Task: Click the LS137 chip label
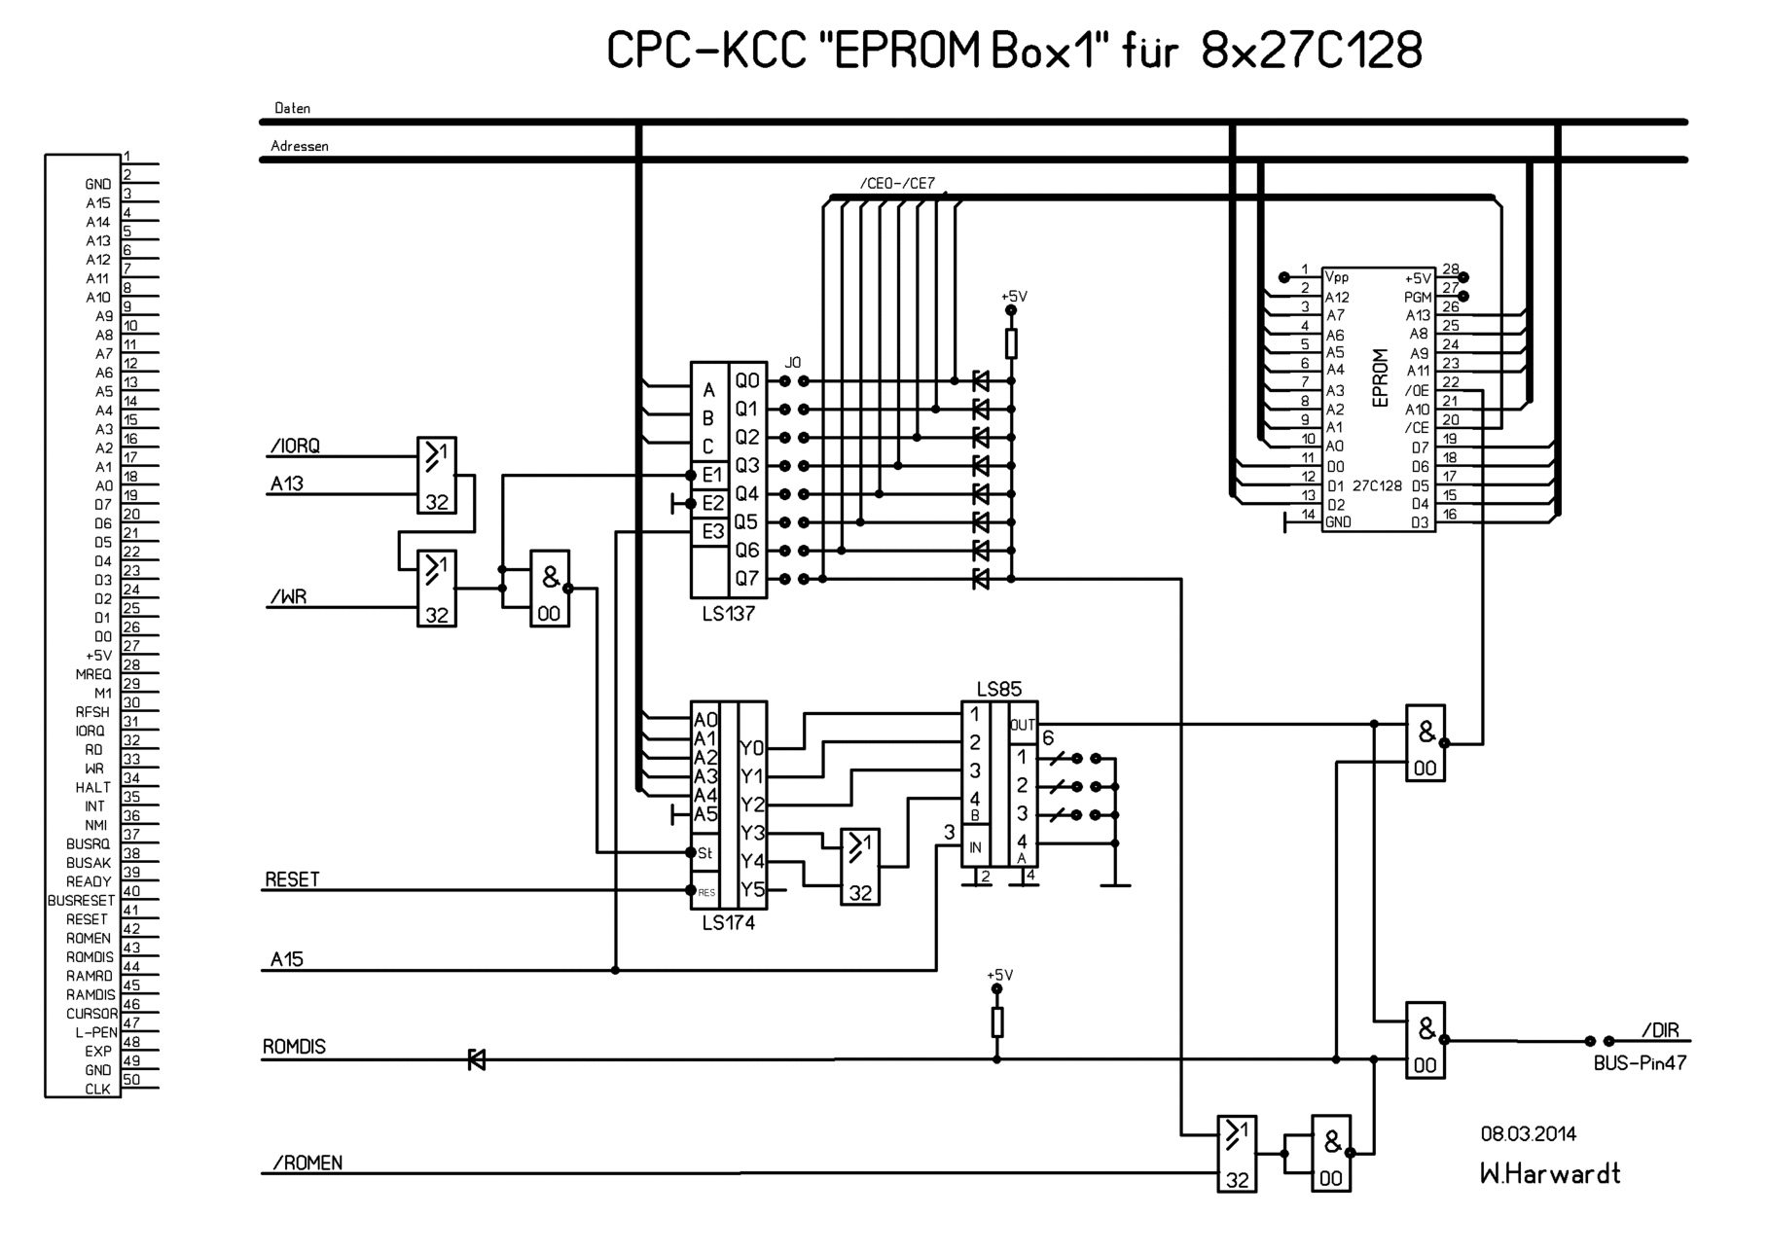[728, 615]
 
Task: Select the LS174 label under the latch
[728, 923]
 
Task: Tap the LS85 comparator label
[998, 690]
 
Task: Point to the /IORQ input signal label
[294, 447]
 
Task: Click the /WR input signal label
[288, 596]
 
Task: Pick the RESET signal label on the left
[292, 879]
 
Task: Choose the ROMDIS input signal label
[294, 1048]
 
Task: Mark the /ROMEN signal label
[307, 1163]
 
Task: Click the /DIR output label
[1659, 1031]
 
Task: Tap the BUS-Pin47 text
[1640, 1063]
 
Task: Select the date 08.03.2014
[1529, 1134]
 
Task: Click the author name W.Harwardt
[1549, 1174]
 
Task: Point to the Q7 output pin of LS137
[746, 579]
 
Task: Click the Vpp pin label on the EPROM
[1337, 277]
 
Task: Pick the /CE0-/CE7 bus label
[897, 184]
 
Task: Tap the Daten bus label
[293, 108]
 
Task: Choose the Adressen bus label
[300, 146]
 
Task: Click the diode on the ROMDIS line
[477, 1059]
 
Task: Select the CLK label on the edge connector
[97, 1090]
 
